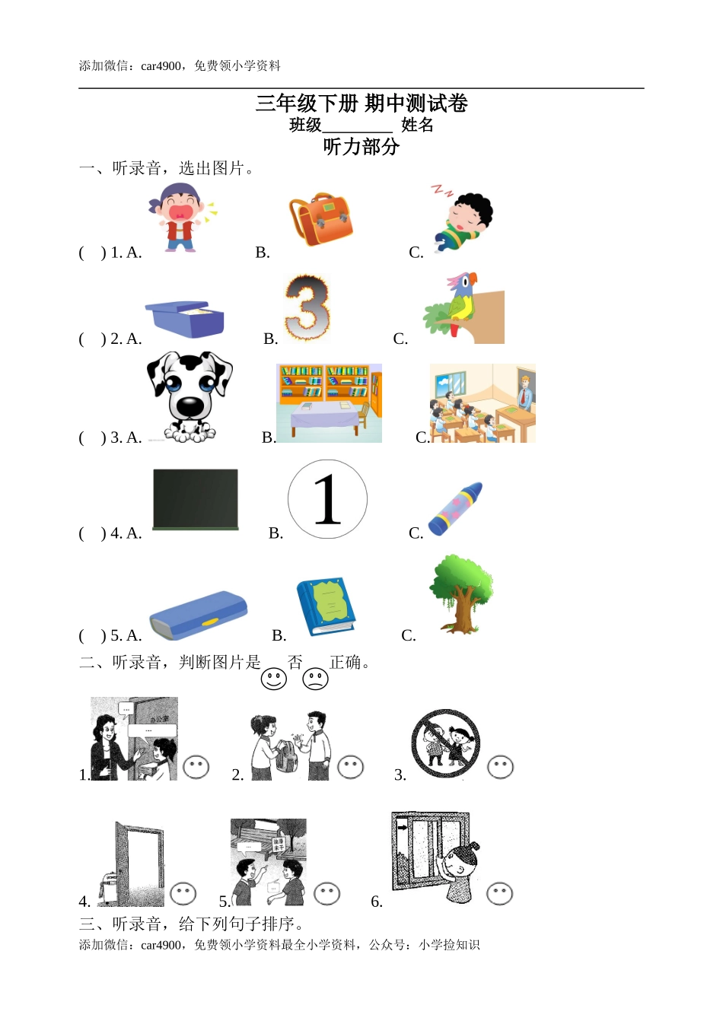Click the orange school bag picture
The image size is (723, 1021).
(x=322, y=219)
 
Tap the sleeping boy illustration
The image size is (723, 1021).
(x=462, y=221)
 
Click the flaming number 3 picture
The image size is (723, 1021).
(x=307, y=308)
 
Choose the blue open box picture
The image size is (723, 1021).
(x=185, y=319)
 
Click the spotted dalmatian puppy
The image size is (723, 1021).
(x=189, y=396)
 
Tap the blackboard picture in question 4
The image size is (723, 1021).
(x=196, y=499)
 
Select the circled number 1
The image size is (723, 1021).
(x=327, y=499)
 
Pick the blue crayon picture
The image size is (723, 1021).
(x=455, y=509)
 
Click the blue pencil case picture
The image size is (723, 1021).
(x=198, y=615)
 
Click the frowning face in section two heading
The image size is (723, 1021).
(x=315, y=679)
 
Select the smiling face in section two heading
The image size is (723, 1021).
(x=274, y=679)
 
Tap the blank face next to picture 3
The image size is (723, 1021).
(x=500, y=768)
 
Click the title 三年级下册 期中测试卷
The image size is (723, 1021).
(x=361, y=103)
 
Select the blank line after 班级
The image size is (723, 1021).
(x=357, y=126)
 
